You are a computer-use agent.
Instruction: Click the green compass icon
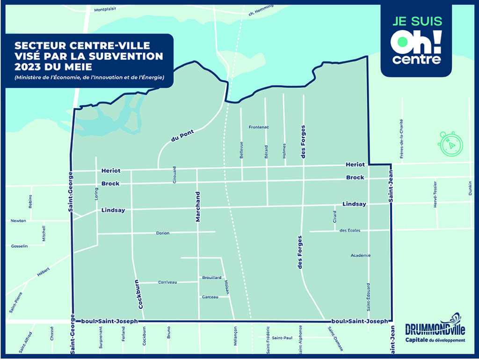tap(449, 143)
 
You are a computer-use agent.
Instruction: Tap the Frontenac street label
tap(259, 127)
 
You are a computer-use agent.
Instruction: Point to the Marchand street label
tap(198, 206)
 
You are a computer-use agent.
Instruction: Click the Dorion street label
tap(163, 233)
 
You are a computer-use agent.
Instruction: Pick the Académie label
tap(360, 255)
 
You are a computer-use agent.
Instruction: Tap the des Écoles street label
tap(350, 230)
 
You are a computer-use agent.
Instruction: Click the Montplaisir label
tap(105, 9)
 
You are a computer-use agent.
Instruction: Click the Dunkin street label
tap(471, 188)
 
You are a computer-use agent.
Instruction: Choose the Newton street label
tap(19, 220)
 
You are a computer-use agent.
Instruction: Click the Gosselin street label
tap(20, 246)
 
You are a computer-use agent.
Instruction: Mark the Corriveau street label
tap(167, 282)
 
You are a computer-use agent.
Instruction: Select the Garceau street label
tap(210, 297)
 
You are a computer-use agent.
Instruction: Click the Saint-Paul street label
tap(282, 338)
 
